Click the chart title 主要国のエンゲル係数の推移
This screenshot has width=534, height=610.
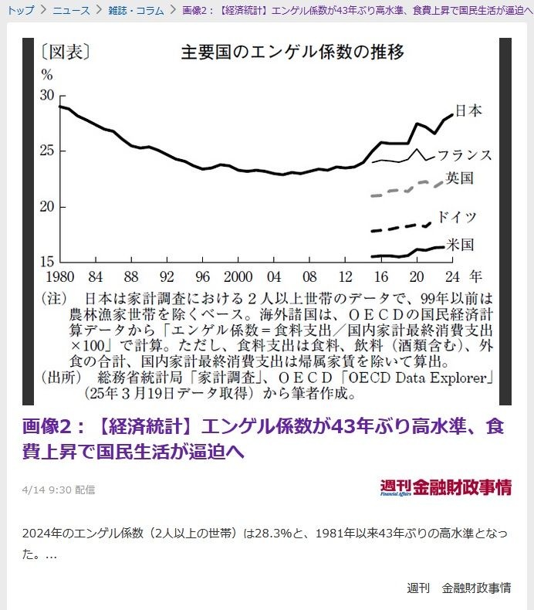click(292, 53)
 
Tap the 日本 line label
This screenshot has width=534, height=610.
click(468, 110)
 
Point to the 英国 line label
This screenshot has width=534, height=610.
click(461, 178)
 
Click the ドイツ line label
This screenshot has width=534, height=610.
click(457, 217)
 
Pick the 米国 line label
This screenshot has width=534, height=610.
click(461, 245)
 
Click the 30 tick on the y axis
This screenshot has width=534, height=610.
click(47, 95)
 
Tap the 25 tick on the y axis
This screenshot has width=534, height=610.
click(47, 151)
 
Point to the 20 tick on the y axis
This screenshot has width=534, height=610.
click(47, 207)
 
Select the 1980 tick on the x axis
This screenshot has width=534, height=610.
click(60, 276)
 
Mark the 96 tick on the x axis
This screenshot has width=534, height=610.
click(202, 276)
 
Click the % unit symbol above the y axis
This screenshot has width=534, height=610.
click(47, 76)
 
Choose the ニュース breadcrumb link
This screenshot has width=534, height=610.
click(71, 10)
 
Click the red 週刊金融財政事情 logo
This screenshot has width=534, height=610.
click(445, 487)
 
